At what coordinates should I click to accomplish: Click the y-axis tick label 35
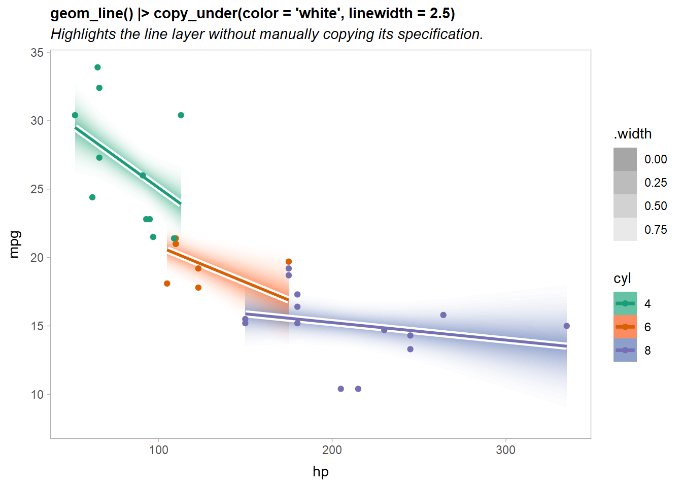pyautogui.click(x=37, y=53)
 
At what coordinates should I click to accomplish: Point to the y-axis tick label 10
pyautogui.click(x=37, y=395)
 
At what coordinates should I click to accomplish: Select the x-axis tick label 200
pyautogui.click(x=332, y=450)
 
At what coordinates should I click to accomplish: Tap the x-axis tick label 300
pyautogui.click(x=505, y=450)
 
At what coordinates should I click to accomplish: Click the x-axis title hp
pyautogui.click(x=321, y=472)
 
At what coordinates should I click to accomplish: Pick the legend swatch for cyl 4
pyautogui.click(x=625, y=303)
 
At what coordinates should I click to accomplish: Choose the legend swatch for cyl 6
pyautogui.click(x=625, y=327)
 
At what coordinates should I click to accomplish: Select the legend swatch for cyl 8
pyautogui.click(x=625, y=350)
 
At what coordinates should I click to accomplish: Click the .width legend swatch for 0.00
pyautogui.click(x=625, y=159)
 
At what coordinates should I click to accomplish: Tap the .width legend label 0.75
pyautogui.click(x=656, y=230)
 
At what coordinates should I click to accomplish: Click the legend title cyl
pyautogui.click(x=622, y=279)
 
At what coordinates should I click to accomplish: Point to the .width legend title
pyautogui.click(x=632, y=134)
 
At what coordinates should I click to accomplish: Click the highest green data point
pyautogui.click(x=97, y=67)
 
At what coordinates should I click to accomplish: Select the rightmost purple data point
pyautogui.click(x=567, y=326)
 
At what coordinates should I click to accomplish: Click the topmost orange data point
pyautogui.click(x=289, y=262)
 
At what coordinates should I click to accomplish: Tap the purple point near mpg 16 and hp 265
pyautogui.click(x=443, y=315)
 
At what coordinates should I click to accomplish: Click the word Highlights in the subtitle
pyautogui.click(x=84, y=34)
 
